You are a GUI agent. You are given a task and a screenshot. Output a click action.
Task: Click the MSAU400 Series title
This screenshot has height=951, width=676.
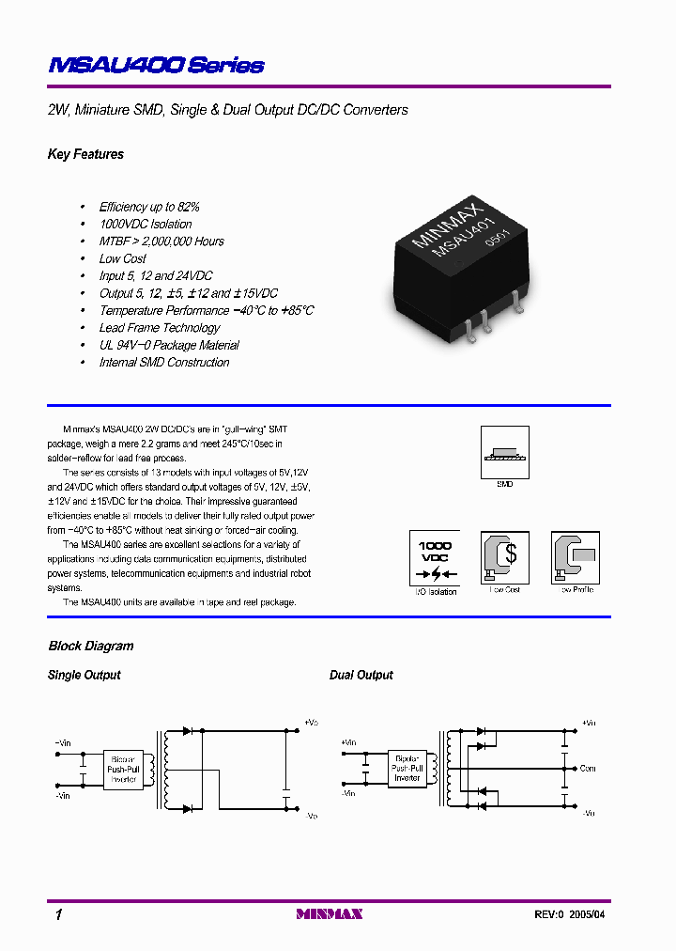(156, 66)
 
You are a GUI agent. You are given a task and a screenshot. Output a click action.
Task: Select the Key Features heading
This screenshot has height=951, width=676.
(85, 154)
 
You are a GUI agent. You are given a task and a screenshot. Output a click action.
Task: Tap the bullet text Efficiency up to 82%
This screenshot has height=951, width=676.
(149, 207)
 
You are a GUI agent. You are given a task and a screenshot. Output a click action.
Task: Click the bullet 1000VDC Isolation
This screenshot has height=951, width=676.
(146, 225)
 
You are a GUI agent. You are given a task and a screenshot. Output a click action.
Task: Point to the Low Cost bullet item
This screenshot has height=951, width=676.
(123, 258)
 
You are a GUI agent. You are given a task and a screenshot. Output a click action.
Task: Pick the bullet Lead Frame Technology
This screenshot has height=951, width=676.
(160, 328)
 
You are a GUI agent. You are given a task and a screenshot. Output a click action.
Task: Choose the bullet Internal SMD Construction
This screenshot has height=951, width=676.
(164, 363)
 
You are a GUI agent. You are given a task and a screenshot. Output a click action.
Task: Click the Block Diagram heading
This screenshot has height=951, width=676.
(91, 647)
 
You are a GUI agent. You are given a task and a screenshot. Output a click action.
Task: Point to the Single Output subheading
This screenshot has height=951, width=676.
(84, 676)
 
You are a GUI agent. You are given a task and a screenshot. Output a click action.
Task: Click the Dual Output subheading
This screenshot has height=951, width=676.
(361, 676)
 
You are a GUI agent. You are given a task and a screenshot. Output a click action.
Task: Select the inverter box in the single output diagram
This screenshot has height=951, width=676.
(123, 769)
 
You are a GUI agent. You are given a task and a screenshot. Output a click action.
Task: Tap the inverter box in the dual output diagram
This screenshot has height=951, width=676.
(407, 769)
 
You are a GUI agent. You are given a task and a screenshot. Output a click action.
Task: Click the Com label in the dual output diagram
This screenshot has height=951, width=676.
(588, 769)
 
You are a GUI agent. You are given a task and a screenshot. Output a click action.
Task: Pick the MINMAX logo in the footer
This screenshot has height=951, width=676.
(330, 914)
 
